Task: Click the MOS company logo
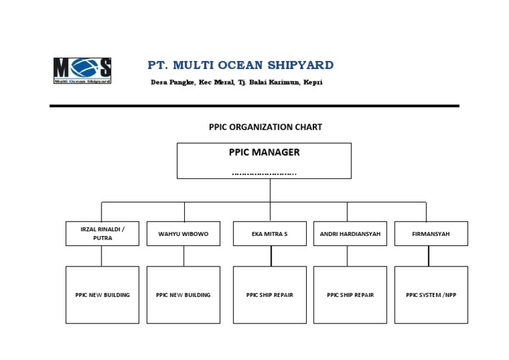[x=82, y=70]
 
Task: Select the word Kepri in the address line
[x=313, y=82]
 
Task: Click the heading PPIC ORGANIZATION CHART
[x=265, y=127]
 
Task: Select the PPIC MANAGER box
[x=264, y=160]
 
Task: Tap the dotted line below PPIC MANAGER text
[x=264, y=174]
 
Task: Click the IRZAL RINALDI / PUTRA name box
[x=102, y=233]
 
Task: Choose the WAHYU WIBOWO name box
[x=183, y=233]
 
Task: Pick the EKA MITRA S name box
[x=270, y=233]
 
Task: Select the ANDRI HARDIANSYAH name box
[x=350, y=233]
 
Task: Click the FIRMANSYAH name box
[x=431, y=233]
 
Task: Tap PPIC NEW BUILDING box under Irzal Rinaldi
[x=102, y=295]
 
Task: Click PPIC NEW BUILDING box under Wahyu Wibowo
[x=183, y=295]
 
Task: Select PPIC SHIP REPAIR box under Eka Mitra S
[x=270, y=295]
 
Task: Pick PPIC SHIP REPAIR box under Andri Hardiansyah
[x=350, y=295]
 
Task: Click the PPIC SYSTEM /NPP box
[x=431, y=295]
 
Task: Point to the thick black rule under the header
[x=254, y=105]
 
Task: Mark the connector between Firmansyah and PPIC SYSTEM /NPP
[x=429, y=256]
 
